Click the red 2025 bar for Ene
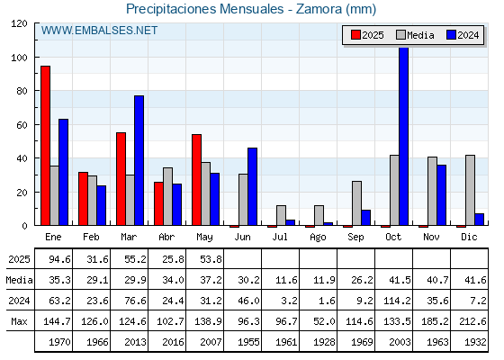tap(45, 146)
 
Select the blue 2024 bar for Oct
tap(404, 136)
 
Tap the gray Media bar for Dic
tap(470, 190)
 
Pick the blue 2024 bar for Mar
tap(139, 160)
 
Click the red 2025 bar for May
tap(196, 180)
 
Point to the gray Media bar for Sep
tap(356, 203)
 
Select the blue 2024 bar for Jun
tap(252, 187)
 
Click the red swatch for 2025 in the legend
tap(355, 35)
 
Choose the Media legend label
tap(420, 35)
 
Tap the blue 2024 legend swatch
tap(451, 35)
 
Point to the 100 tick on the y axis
tap(19, 58)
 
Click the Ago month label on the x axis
tap(318, 238)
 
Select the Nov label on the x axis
tap(431, 238)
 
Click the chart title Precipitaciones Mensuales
tap(205, 9)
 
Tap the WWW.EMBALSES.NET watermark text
tap(99, 31)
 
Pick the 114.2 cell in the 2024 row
tap(397, 301)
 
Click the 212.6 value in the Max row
tap(472, 321)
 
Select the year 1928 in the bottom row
tap(324, 342)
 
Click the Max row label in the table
tap(19, 321)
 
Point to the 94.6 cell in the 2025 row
tap(59, 259)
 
